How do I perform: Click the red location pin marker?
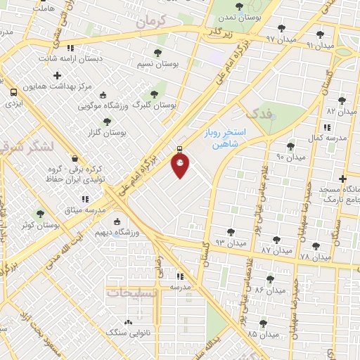(181, 165)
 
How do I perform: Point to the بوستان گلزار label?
(109, 132)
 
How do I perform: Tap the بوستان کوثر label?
(39, 224)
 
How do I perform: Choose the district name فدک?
(254, 112)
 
